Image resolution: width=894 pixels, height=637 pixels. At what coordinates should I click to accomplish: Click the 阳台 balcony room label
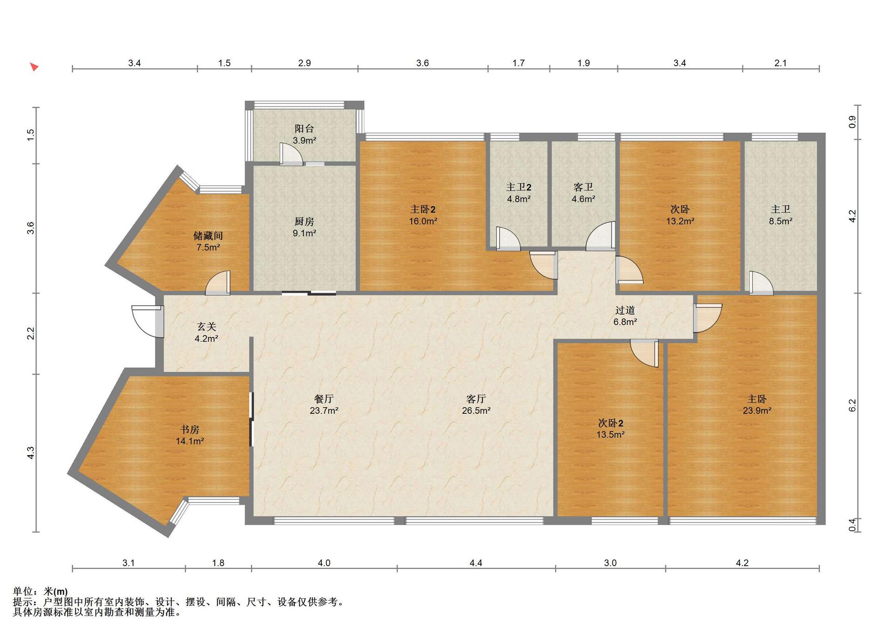coord(304,129)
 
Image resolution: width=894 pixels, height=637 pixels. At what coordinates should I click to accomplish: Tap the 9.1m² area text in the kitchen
coord(305,233)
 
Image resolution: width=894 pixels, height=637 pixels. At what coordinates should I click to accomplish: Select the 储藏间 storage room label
coord(208,236)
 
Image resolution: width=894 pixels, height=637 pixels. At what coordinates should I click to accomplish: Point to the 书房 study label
coord(190,429)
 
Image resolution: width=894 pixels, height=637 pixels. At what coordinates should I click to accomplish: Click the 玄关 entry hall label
coord(206,327)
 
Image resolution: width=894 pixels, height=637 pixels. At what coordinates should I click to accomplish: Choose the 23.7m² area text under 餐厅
coord(324,411)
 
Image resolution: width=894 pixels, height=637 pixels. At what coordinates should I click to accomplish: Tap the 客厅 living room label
coord(476,399)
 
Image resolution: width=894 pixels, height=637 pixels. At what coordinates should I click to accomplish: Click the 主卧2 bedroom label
coord(423,210)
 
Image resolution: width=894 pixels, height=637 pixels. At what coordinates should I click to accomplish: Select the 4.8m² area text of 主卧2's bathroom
coord(519,199)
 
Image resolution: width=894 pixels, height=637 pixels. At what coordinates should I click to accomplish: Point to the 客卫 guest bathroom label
coord(583,187)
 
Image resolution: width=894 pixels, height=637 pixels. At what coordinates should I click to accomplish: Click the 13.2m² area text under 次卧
coord(680,221)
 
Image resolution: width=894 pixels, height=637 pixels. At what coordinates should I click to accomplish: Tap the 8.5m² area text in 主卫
coord(781,221)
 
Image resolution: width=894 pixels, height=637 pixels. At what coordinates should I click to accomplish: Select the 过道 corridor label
coord(625,310)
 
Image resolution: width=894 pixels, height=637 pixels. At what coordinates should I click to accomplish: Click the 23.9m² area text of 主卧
coord(757,411)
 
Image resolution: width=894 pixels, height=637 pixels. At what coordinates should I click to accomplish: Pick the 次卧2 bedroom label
coord(610,423)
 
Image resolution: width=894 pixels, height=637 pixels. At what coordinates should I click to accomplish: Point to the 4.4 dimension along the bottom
coord(476,563)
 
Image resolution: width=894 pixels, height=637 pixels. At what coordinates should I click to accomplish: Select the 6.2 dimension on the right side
coord(852,405)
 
